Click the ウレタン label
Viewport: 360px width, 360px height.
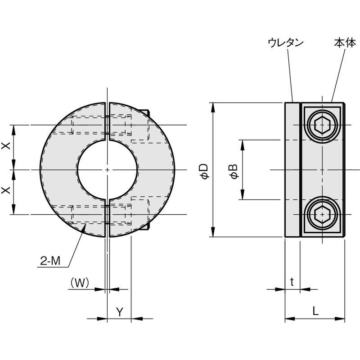point(286,43)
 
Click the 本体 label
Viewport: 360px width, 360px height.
point(345,43)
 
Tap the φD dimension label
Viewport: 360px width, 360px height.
point(204,171)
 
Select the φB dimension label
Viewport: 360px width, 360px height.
point(234,171)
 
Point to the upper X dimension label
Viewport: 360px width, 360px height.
point(6,147)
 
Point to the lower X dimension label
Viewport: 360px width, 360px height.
point(6,192)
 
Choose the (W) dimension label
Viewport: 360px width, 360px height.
point(79,282)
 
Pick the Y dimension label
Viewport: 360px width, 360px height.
point(119,311)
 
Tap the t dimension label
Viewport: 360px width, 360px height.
point(292,282)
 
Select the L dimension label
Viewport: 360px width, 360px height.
point(315,310)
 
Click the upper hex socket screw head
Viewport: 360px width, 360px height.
point(322,125)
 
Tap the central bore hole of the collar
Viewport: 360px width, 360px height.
point(108,170)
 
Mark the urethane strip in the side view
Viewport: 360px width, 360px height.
point(292,170)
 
